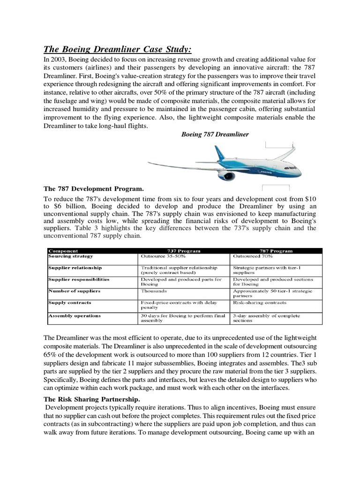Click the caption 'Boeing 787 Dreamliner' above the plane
click(215, 134)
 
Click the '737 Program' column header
click(184, 251)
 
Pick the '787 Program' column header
click(277, 251)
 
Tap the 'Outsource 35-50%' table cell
click(162, 256)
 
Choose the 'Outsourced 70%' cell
click(251, 256)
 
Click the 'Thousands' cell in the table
click(154, 291)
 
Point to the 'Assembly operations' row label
click(74, 315)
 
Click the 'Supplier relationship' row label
click(75, 268)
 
